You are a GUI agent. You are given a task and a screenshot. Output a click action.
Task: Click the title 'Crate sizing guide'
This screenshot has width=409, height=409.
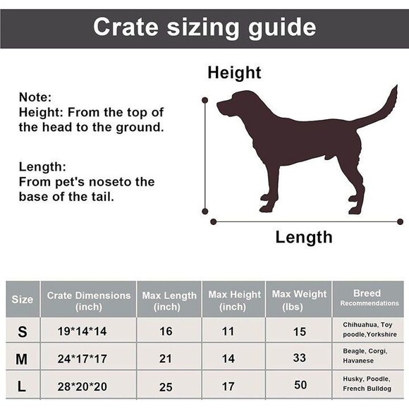tap(204, 27)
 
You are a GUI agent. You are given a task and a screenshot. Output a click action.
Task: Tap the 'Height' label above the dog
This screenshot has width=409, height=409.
tap(234, 73)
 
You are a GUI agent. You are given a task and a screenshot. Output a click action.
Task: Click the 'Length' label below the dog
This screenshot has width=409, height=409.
tap(303, 237)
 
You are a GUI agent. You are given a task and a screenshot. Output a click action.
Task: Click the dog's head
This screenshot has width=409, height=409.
tap(236, 105)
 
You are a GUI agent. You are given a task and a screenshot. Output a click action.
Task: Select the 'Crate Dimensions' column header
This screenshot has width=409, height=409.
tap(89, 300)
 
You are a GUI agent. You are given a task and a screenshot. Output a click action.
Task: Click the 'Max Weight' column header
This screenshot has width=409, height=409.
tap(300, 299)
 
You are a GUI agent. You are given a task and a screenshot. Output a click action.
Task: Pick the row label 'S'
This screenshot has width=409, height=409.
tap(22, 331)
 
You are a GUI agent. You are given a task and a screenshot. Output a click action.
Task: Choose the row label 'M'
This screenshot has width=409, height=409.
tap(22, 358)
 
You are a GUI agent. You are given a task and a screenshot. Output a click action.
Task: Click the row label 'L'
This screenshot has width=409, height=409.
tap(22, 386)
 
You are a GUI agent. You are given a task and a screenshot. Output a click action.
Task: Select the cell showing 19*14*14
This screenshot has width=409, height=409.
tap(83, 331)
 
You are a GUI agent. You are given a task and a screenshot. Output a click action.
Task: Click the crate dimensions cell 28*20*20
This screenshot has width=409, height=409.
tap(83, 386)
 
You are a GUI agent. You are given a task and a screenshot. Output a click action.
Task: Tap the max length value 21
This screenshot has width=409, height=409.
tap(166, 358)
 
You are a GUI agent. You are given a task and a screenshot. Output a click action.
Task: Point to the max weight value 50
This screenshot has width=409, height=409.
tap(300, 385)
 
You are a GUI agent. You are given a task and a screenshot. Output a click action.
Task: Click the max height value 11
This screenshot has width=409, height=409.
tap(228, 331)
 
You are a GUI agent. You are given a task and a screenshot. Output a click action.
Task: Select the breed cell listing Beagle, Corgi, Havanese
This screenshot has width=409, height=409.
tap(365, 356)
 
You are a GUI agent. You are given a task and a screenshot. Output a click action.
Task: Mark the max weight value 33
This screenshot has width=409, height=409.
tap(300, 358)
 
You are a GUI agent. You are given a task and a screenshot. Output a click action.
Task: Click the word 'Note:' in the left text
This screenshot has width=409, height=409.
tap(35, 97)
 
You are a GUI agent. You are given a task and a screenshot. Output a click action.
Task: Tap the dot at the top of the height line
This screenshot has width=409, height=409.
tap(205, 100)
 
